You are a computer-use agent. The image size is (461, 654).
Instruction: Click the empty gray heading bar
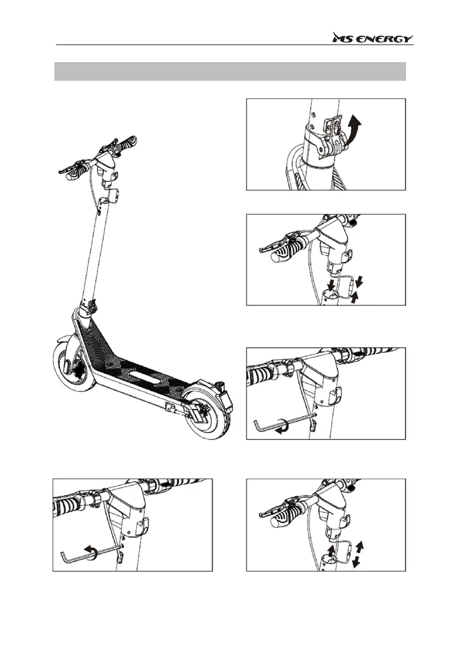pos(230,71)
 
